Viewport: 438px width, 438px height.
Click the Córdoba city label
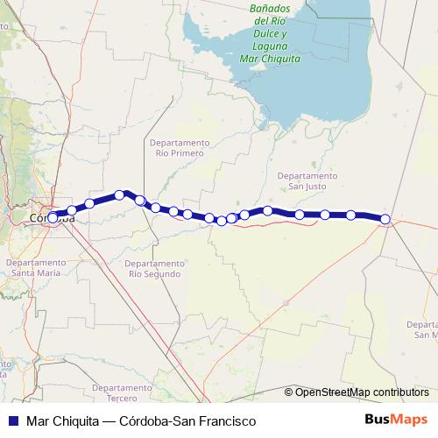pos(51,218)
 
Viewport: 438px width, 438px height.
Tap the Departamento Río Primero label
pos(180,147)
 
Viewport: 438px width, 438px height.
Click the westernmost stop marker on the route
pos(53,217)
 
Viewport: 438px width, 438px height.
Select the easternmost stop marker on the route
pos(385,218)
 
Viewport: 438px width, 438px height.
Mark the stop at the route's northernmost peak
pos(120,194)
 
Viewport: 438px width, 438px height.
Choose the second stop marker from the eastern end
pos(350,215)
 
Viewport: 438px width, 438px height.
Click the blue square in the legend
pos(14,421)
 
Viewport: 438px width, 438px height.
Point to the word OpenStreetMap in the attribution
pos(332,392)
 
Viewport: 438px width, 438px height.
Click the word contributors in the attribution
pos(400,392)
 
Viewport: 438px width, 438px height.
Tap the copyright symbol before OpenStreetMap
pos(289,392)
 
